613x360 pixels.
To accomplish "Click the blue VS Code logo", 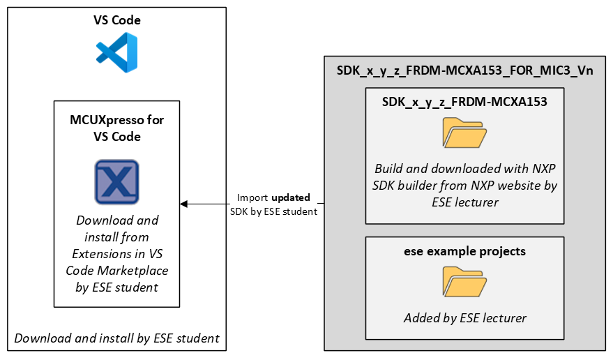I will pyautogui.click(x=117, y=52).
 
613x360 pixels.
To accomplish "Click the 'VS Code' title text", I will pyautogui.click(x=117, y=20).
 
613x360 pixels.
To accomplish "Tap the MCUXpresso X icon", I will pyautogui.click(x=117, y=181).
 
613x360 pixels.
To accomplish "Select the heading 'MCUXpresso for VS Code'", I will pyautogui.click(x=117, y=128).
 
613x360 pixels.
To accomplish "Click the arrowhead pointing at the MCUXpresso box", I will pyautogui.click(x=184, y=204).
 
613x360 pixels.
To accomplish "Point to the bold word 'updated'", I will pyautogui.click(x=291, y=198).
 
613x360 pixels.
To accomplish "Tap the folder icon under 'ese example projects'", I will pyautogui.click(x=464, y=282).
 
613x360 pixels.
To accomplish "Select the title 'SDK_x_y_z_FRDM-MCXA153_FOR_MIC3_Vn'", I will pyautogui.click(x=464, y=71).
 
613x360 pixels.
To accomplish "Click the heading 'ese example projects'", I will pyautogui.click(x=464, y=251).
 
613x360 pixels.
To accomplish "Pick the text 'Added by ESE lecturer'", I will pyautogui.click(x=464, y=318).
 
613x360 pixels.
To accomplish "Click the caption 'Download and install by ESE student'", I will pyautogui.click(x=117, y=338).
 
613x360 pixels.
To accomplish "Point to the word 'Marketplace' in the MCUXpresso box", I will pyautogui.click(x=117, y=270).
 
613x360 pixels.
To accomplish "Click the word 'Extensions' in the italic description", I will pyautogui.click(x=107, y=253).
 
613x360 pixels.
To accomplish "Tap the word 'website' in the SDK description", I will pyautogui.click(x=517, y=186).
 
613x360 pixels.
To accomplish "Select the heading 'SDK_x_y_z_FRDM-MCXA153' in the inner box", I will pyautogui.click(x=464, y=102).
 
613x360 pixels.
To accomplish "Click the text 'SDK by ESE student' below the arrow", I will pyautogui.click(x=273, y=211).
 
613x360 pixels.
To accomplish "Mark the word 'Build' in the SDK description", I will pyautogui.click(x=389, y=169).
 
